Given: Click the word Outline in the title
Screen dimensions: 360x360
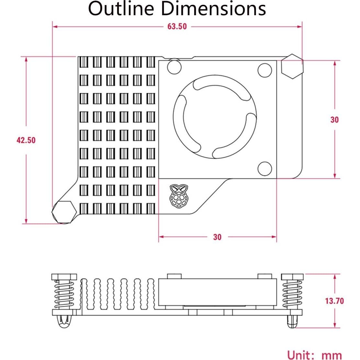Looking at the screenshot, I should click(121, 9).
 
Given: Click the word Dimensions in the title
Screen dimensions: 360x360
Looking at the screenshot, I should click(213, 9).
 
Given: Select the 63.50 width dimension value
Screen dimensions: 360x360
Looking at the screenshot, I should click(177, 27).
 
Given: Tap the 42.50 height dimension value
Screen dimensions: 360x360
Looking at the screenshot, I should click(26, 140).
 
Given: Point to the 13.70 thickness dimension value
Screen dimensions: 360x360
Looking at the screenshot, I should click(334, 301).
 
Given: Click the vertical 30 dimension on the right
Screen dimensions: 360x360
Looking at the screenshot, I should click(334, 119).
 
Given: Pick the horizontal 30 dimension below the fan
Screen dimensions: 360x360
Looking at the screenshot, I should click(217, 237).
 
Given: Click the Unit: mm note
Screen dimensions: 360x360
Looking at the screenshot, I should click(314, 355).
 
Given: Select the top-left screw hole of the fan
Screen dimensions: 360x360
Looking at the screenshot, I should click(174, 67).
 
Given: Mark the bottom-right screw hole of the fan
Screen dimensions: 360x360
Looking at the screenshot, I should click(264, 168).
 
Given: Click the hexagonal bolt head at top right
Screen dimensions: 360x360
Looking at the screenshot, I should click(292, 67).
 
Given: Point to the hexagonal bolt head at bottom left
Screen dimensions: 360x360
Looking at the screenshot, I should click(64, 212).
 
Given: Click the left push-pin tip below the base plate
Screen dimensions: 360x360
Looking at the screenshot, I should click(64, 322).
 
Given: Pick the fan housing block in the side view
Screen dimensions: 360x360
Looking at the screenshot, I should click(217, 292).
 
